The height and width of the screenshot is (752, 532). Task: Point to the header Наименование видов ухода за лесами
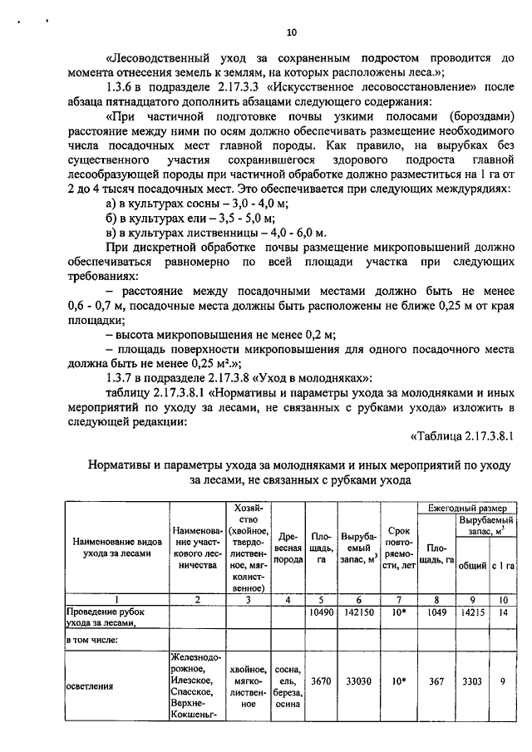(116, 548)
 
